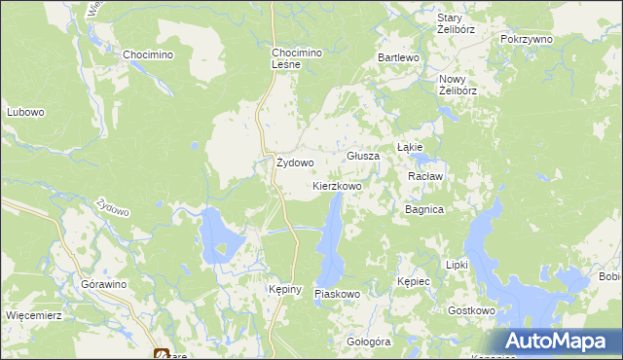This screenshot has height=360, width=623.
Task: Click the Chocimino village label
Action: click(x=148, y=54)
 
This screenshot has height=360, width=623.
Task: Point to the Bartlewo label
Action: click(x=398, y=58)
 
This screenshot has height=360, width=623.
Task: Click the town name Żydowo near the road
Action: click(x=294, y=163)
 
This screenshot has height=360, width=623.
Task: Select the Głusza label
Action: click(x=363, y=156)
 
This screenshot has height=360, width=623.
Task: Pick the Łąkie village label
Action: click(x=409, y=147)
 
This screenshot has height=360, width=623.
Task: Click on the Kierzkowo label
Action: click(x=337, y=185)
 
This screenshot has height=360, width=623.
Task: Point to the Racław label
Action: click(x=425, y=176)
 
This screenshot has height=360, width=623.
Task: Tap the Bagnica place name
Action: click(x=424, y=209)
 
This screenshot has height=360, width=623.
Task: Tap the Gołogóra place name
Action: click(x=369, y=342)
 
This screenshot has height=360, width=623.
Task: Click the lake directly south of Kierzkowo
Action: click(x=331, y=238)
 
